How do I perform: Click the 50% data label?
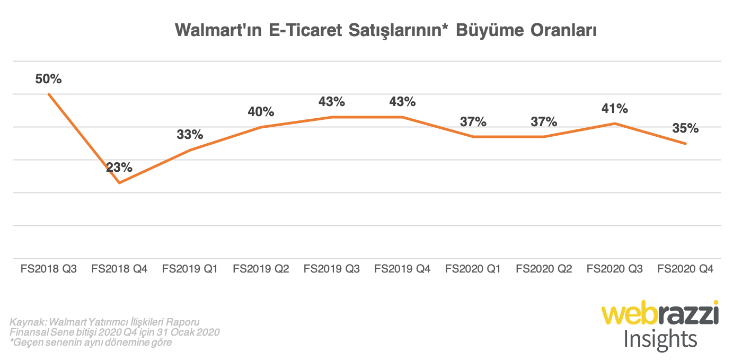point(49,79)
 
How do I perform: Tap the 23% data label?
point(119,168)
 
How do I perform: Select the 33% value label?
point(190,135)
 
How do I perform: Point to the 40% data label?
point(261,112)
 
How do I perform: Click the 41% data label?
point(615,109)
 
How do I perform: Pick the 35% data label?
point(685,128)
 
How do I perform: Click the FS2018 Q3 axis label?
point(49,269)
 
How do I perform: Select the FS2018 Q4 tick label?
point(119,269)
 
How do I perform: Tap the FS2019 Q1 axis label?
point(190,269)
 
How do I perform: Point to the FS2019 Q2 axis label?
point(261,269)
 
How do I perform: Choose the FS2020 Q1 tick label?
point(473,269)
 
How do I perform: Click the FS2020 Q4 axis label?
point(685,269)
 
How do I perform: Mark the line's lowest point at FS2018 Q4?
point(120,183)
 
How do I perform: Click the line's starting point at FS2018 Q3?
point(49,94)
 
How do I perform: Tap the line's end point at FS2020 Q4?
point(686,144)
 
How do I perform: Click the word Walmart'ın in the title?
point(218,31)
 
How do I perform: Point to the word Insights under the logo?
point(660,338)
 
